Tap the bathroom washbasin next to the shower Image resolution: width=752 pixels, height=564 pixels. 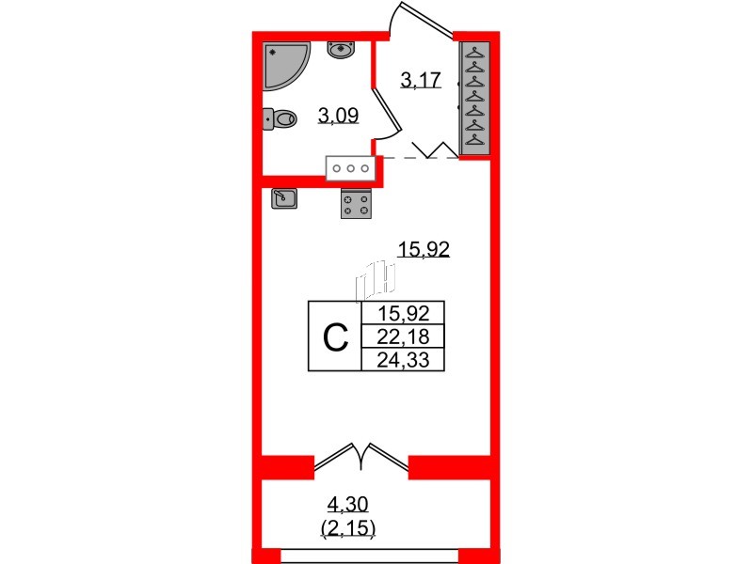point(340,50)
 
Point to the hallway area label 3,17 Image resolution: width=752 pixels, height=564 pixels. point(420,81)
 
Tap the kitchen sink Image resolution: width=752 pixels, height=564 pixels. point(285,198)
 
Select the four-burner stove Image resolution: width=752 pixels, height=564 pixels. point(355,203)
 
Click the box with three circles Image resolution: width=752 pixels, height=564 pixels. point(351,168)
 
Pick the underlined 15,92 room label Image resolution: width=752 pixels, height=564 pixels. point(424,250)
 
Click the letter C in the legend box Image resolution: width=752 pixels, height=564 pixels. point(335,337)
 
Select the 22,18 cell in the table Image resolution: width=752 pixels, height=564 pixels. point(402,337)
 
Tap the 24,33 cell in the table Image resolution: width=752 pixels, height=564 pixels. point(402,359)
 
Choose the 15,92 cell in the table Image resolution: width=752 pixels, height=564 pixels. point(402,314)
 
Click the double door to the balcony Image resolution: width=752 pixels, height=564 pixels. point(361,455)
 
